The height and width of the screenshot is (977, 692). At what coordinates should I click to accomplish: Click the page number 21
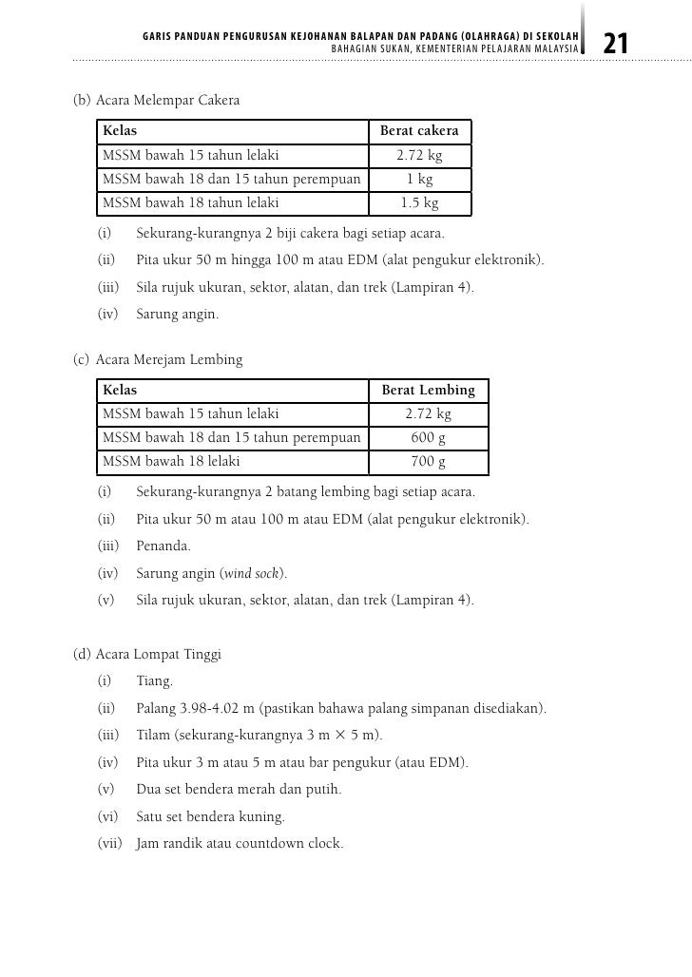[616, 43]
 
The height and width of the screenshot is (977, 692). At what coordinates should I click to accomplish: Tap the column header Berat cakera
[419, 130]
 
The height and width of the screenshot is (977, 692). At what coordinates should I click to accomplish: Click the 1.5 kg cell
[419, 202]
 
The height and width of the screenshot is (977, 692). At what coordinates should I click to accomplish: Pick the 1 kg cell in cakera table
[419, 179]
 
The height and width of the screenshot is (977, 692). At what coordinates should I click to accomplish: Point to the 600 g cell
[428, 437]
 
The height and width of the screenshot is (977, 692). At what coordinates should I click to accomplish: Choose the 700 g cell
[428, 461]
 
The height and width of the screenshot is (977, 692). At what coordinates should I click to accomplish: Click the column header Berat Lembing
[428, 390]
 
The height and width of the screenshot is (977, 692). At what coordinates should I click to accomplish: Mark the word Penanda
[163, 546]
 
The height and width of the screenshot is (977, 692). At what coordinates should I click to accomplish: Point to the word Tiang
[155, 680]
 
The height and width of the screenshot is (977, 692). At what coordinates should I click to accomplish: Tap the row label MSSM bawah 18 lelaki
[171, 461]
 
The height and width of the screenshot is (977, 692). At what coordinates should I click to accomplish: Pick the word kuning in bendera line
[265, 816]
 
